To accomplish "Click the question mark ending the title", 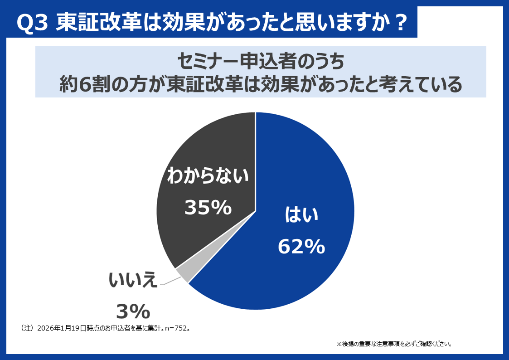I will click(398, 23).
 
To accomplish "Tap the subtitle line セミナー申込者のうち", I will click(261, 61).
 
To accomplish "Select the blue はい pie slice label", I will click(301, 216).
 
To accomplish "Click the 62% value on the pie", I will click(301, 247).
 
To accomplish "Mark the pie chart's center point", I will click(256, 211).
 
